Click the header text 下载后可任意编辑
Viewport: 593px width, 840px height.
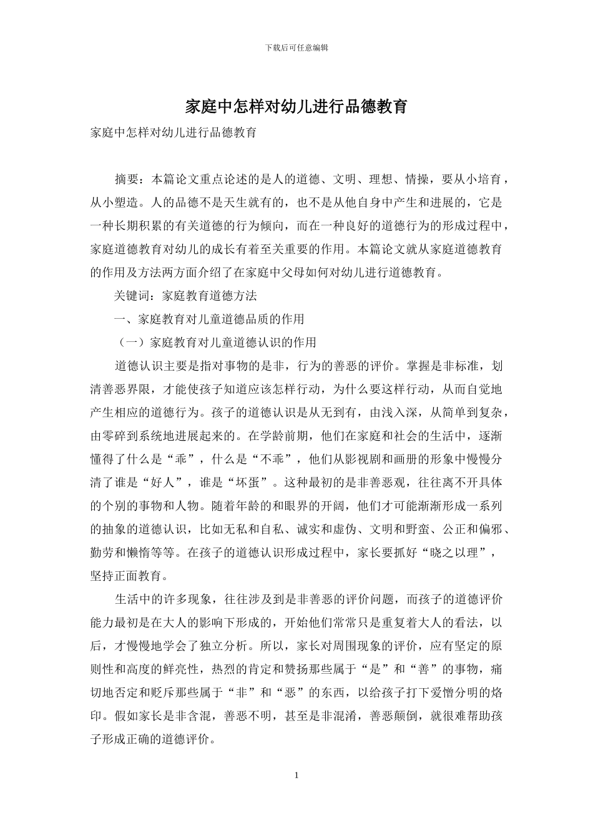point(296,47)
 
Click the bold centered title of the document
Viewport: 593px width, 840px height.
point(296,107)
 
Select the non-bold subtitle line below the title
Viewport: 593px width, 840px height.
point(174,133)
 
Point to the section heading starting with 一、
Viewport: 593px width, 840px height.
point(209,319)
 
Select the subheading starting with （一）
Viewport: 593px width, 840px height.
point(215,342)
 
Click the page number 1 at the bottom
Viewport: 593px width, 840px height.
point(296,776)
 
